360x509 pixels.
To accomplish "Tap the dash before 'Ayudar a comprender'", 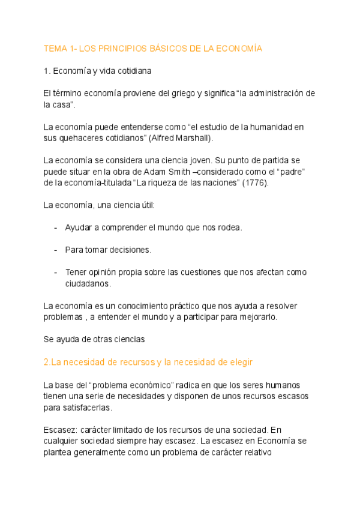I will [56, 227].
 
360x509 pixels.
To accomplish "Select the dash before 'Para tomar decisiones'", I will [56, 250].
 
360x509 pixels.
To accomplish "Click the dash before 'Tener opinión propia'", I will [56, 272].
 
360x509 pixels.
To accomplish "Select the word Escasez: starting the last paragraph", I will [59, 430].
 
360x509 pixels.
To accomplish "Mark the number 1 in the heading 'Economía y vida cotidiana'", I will [46, 71].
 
